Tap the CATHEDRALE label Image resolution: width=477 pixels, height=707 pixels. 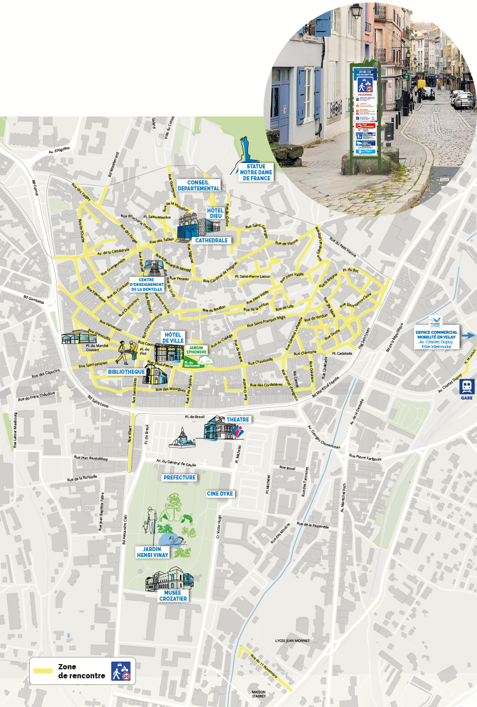tap(212, 240)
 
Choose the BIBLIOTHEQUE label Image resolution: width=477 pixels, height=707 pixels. tap(126, 371)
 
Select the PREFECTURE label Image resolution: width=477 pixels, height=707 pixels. tap(179, 478)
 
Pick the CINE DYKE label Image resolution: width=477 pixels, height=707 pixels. tap(220, 494)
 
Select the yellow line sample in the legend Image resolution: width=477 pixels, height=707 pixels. tap(44, 671)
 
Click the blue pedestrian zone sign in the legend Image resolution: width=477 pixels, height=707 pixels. tap(122, 671)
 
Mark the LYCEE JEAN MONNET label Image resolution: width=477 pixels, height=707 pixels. tap(292, 641)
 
